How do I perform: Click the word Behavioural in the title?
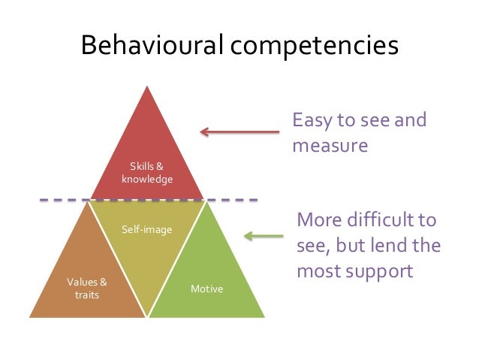pyautogui.click(x=151, y=46)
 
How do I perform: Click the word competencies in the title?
pyautogui.click(x=315, y=46)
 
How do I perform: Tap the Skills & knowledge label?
pyautogui.click(x=147, y=173)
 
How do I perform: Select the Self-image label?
pyautogui.click(x=147, y=228)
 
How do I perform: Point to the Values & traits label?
pyautogui.click(x=87, y=289)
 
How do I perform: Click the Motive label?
pyautogui.click(x=206, y=288)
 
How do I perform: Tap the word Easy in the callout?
pyautogui.click(x=313, y=120)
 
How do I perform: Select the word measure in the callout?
pyautogui.click(x=330, y=144)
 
